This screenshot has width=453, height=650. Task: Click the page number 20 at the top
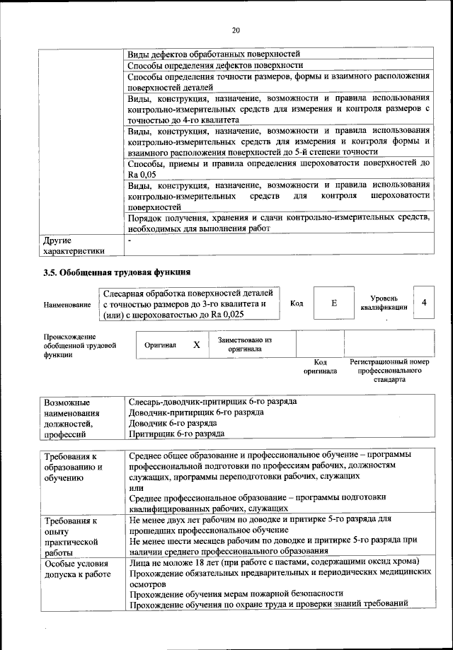click(236, 29)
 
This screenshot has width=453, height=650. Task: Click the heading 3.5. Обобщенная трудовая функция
click(117, 272)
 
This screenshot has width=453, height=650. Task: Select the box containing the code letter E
click(333, 303)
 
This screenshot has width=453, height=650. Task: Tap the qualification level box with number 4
click(423, 303)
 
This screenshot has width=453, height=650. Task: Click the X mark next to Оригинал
click(197, 344)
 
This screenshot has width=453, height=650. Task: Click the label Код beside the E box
click(297, 303)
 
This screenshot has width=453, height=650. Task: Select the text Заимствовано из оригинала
click(245, 344)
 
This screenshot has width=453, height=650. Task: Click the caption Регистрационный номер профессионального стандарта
click(390, 370)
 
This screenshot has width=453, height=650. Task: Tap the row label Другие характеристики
click(74, 245)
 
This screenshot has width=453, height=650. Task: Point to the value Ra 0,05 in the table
click(142, 173)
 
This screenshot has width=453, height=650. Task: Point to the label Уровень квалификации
click(383, 303)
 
